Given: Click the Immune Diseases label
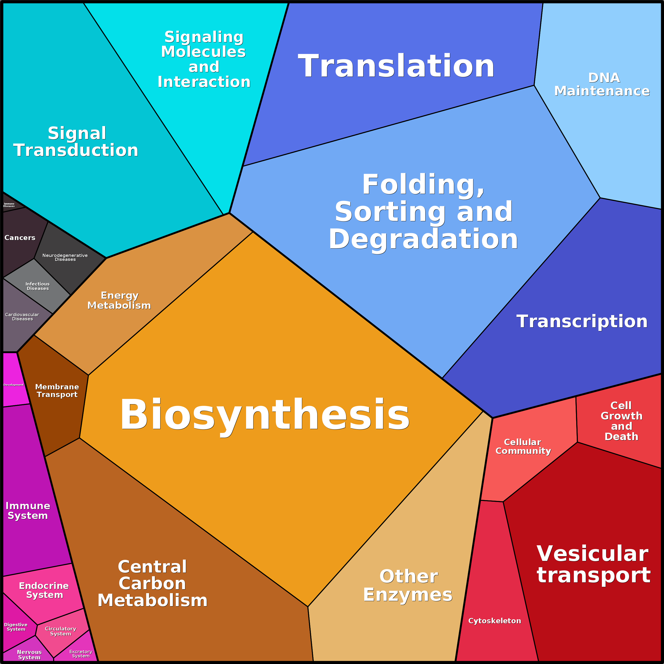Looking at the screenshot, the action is pos(9,205).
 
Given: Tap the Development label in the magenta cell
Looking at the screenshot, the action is pos(13,385).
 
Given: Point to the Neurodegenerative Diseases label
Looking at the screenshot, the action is pos(65,257).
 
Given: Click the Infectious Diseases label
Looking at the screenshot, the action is pos(38,286).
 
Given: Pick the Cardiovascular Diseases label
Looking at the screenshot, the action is pos(22,316).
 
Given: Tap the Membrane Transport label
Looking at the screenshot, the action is pos(57,390).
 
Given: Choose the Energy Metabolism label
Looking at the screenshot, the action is pos(119,300).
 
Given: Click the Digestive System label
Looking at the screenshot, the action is pos(16,627).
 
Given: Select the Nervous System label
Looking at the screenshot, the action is pos(29,654).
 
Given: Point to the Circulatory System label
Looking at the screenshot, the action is pos(61,631).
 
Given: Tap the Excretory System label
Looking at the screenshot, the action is pos(81,654).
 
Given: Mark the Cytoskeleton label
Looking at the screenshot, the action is pos(495,621).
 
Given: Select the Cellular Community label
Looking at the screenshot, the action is pos(523,446).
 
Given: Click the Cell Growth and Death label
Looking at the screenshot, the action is pos(621,421).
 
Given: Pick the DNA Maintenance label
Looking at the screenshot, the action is pos(602,84).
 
